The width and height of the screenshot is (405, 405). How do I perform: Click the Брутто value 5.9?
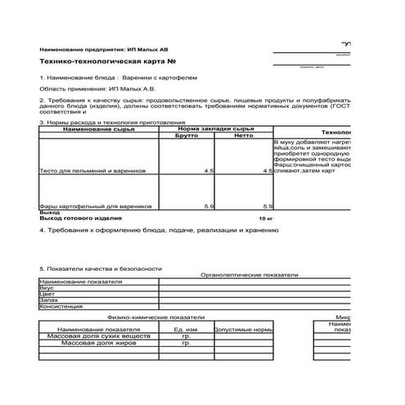coord(209,206)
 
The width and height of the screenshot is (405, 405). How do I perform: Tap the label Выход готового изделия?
coord(79,219)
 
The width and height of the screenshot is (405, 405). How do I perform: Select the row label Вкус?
coord(47,288)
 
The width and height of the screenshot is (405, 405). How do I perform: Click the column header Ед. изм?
coord(187,329)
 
